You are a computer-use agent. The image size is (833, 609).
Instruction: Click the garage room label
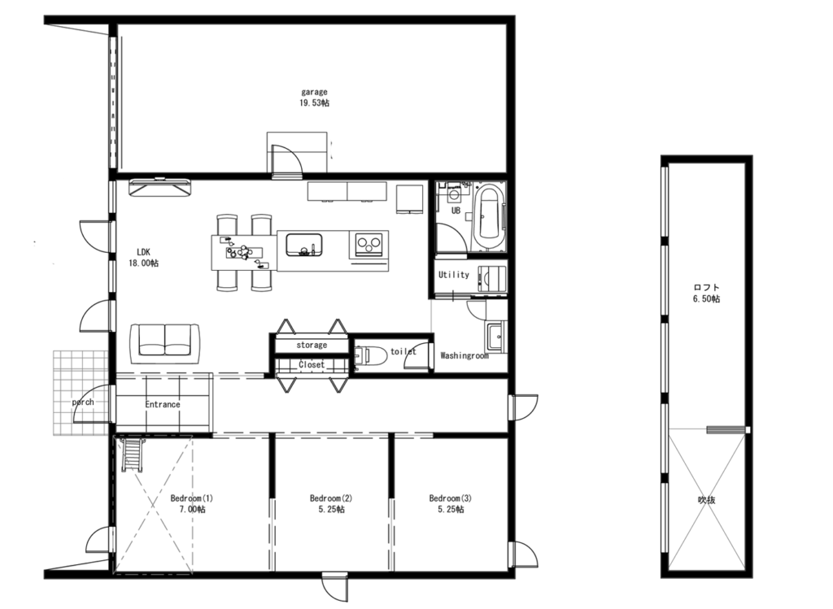pyautogui.click(x=315, y=92)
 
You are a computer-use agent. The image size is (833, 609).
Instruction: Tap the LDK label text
pyautogui.click(x=143, y=252)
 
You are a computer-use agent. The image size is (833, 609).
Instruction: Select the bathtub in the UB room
pyautogui.click(x=488, y=216)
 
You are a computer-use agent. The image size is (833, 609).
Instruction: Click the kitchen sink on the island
pyautogui.click(x=304, y=245)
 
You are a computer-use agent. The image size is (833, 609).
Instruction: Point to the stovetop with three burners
pyautogui.click(x=369, y=244)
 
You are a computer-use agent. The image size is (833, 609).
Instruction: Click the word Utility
pyautogui.click(x=454, y=275)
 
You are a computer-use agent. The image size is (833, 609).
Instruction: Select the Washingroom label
pyautogui.click(x=464, y=355)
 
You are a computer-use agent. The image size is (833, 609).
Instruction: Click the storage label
pyautogui.click(x=312, y=345)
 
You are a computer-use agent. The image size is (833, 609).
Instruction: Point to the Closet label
pyautogui.click(x=312, y=365)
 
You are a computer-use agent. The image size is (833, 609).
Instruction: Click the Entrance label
pyautogui.click(x=163, y=404)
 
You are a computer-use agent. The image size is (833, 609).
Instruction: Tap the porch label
pyautogui.click(x=83, y=402)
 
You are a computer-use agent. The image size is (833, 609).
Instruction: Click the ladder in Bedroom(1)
pyautogui.click(x=132, y=454)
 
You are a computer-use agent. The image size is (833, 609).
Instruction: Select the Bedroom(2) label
pyautogui.click(x=331, y=498)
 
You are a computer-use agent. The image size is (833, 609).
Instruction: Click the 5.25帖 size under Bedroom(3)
pyautogui.click(x=451, y=509)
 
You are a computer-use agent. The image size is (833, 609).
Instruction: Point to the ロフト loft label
pyautogui.click(x=707, y=287)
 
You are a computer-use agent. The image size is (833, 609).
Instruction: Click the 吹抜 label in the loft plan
pyautogui.click(x=707, y=499)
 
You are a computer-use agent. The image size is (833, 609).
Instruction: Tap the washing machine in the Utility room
pyautogui.click(x=491, y=278)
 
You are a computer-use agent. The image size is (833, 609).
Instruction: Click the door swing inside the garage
pyautogui.click(x=287, y=159)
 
